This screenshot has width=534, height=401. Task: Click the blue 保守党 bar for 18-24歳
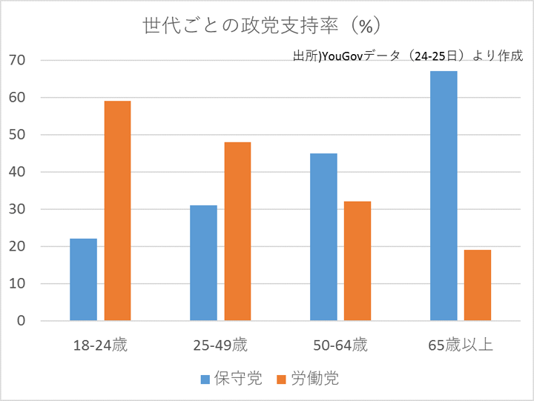click(x=83, y=279)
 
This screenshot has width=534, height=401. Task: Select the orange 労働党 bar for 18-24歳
click(x=117, y=211)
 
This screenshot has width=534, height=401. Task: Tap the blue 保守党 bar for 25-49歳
click(x=203, y=263)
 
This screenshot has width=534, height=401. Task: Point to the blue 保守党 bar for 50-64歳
click(x=323, y=237)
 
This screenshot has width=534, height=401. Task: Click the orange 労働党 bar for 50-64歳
click(x=357, y=261)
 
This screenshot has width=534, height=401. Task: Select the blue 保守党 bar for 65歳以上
click(x=444, y=196)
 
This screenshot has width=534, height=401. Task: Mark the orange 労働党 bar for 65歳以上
click(x=478, y=285)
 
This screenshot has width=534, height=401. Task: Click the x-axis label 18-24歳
click(x=100, y=345)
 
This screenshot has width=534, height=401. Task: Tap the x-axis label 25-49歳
click(x=220, y=345)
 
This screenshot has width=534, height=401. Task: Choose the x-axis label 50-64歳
click(x=340, y=345)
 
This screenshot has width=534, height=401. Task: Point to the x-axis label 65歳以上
click(x=461, y=345)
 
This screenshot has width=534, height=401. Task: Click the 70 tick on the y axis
click(x=17, y=60)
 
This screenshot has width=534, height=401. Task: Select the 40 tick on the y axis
click(x=17, y=172)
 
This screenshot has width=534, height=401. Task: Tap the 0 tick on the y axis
click(x=22, y=321)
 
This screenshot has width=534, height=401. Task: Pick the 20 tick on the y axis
click(x=17, y=247)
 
